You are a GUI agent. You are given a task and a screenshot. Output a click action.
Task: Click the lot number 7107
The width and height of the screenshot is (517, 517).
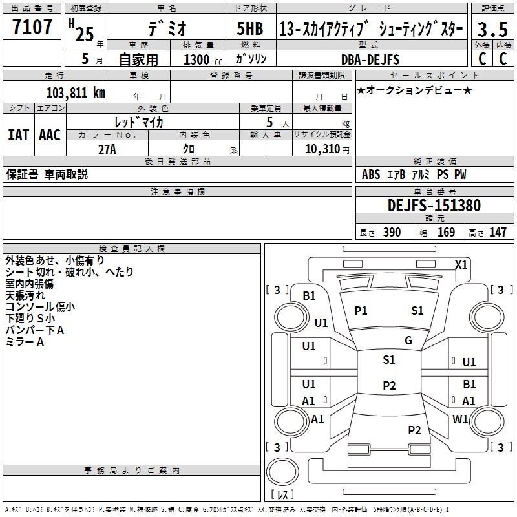point(32,27)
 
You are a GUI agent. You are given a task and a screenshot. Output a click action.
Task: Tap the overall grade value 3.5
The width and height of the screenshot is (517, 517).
point(492,29)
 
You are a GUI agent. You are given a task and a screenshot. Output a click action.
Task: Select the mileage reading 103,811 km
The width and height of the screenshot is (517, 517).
point(76,92)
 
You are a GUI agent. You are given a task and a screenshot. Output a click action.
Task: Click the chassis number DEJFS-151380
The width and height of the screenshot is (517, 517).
point(434,206)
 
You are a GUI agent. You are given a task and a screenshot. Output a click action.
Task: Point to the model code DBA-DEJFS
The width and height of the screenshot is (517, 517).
point(370,59)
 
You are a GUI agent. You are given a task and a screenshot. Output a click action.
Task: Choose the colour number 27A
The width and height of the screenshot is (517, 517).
point(107,149)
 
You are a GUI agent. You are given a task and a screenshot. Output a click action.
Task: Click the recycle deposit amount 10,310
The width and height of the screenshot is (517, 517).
point(322,149)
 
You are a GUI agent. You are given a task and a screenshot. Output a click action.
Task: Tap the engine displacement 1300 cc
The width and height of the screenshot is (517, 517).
point(203,59)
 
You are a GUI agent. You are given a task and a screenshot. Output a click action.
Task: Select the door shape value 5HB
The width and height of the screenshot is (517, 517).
point(250,28)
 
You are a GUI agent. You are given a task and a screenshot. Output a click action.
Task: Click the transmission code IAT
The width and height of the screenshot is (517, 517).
point(18,135)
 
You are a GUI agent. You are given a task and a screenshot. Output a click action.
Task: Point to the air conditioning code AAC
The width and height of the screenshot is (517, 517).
point(50,135)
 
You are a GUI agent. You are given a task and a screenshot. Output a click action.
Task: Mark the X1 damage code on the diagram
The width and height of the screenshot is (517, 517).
point(461,265)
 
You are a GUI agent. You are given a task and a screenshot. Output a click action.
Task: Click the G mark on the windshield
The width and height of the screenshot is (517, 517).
point(408,341)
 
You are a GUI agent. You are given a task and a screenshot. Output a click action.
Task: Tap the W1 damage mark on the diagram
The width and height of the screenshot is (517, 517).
point(460,419)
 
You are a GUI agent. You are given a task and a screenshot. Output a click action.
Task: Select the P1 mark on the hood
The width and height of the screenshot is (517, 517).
point(361,310)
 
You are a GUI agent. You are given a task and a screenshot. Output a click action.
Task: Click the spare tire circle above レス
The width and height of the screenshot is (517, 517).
point(282,471)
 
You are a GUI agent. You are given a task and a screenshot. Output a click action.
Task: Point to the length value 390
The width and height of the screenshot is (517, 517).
point(392,232)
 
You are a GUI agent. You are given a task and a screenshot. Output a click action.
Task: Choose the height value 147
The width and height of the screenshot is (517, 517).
point(498,232)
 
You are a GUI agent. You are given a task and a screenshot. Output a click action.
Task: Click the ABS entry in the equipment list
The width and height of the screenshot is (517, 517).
point(371,174)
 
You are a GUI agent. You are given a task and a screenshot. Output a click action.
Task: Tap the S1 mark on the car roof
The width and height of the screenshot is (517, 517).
point(389,360)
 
